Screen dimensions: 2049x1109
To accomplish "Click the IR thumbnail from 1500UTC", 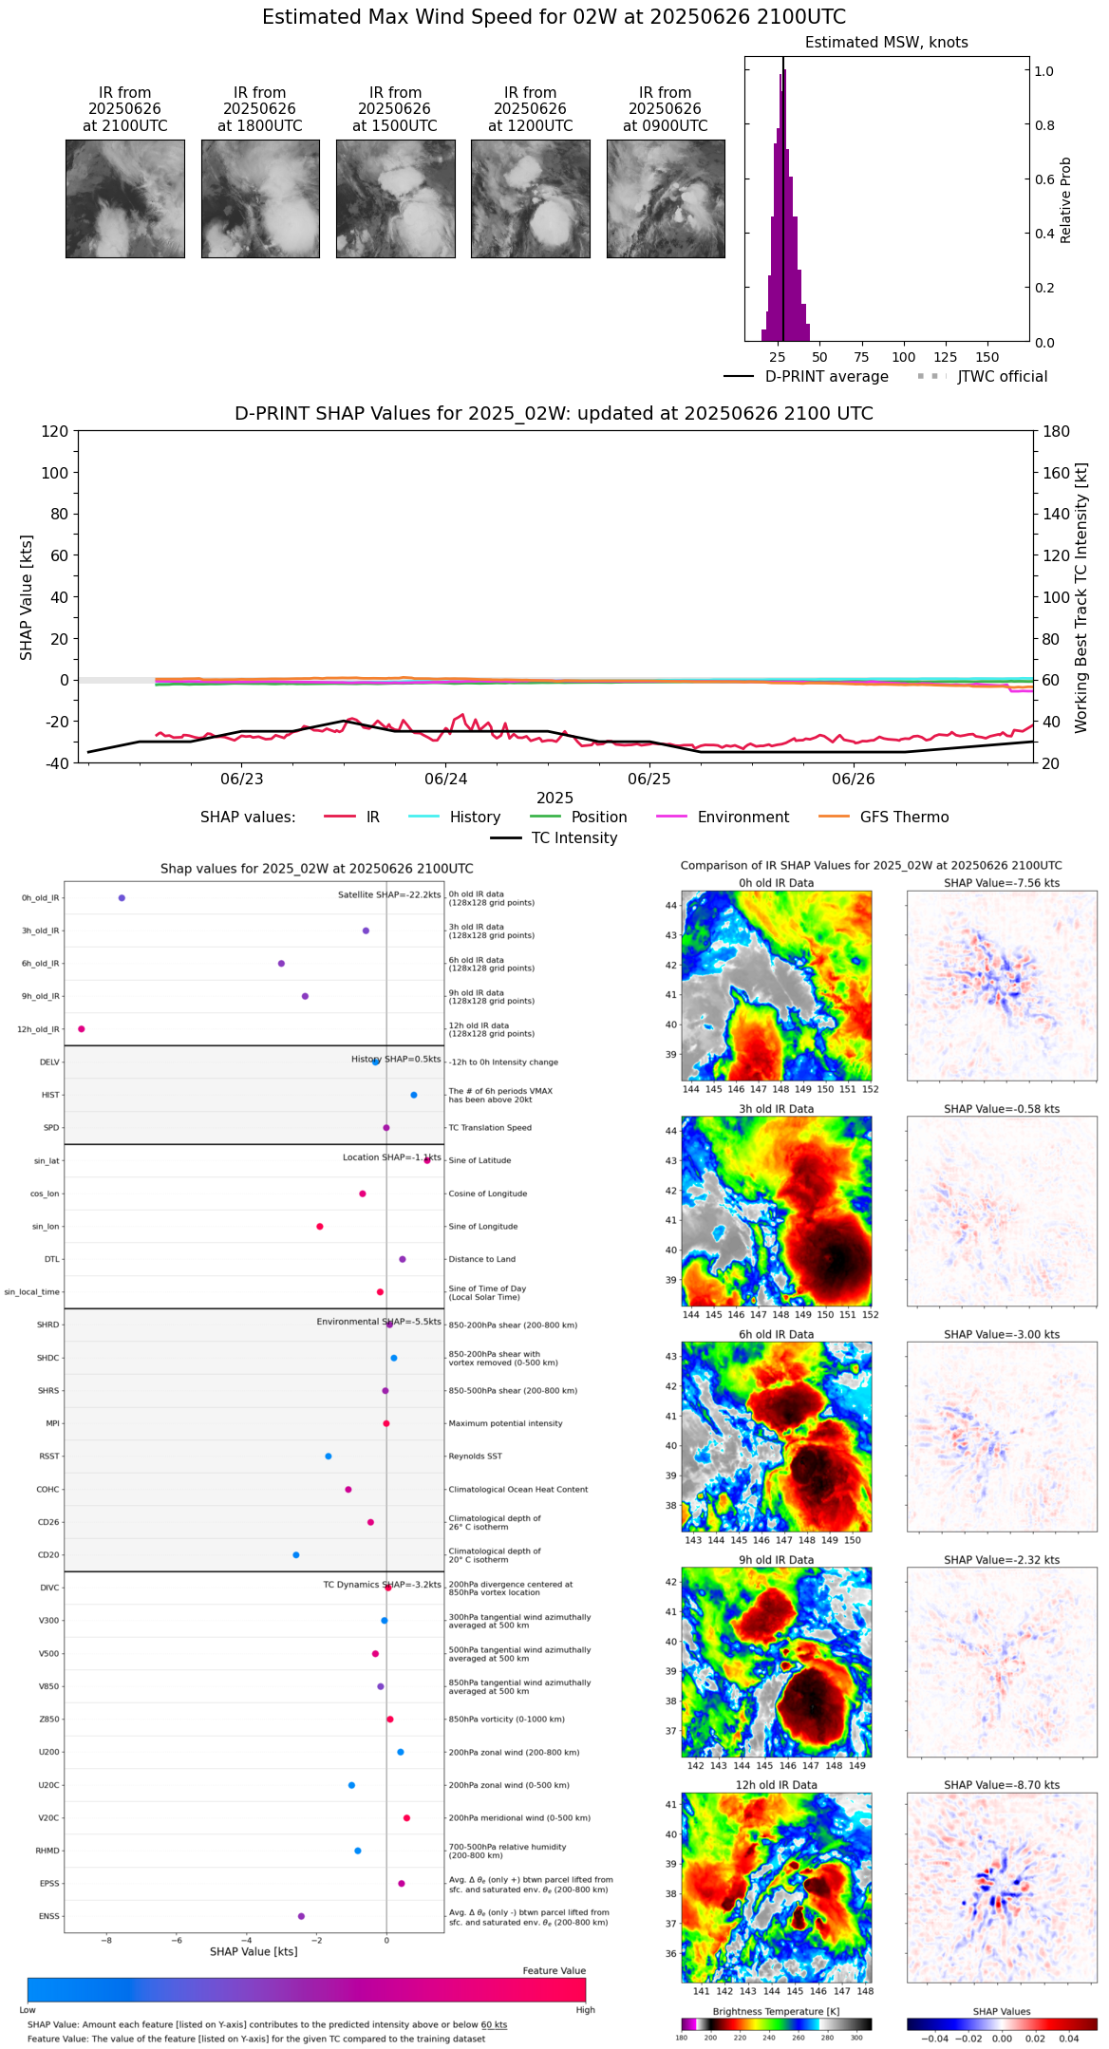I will pyautogui.click(x=395, y=198).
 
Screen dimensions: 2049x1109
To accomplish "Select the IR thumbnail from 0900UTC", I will pyautogui.click(x=666, y=198).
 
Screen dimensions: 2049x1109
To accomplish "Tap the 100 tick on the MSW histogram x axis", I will pyautogui.click(x=903, y=357).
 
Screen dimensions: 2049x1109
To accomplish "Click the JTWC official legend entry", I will pyautogui.click(x=1002, y=377).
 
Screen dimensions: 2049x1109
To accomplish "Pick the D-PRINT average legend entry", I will pyautogui.click(x=826, y=377).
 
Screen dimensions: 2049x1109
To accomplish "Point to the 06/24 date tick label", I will pyautogui.click(x=446, y=780).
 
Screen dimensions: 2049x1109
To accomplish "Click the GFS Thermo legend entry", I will pyautogui.click(x=904, y=818).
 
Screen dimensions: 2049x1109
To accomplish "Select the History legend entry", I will pyautogui.click(x=475, y=818).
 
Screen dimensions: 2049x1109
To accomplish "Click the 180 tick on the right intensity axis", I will pyautogui.click(x=1057, y=431).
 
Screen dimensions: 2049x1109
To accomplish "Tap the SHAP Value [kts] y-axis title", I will pyautogui.click(x=27, y=597).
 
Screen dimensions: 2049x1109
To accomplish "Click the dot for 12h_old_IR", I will pyautogui.click(x=82, y=1028).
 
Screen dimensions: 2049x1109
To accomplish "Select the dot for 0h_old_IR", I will pyautogui.click(x=122, y=897).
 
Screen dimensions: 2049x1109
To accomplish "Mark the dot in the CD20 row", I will pyautogui.click(x=296, y=1554).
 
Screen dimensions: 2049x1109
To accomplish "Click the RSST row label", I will pyautogui.click(x=49, y=1457).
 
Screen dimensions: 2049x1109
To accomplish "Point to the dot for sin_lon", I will pyautogui.click(x=320, y=1226).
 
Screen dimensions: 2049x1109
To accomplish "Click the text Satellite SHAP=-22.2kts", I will pyautogui.click(x=389, y=895).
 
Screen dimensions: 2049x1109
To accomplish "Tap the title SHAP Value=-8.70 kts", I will pyautogui.click(x=1002, y=1785).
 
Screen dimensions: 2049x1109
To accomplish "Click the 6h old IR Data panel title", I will pyautogui.click(x=776, y=1334).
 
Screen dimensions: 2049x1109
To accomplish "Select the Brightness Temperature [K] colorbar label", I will pyautogui.click(x=776, y=2011).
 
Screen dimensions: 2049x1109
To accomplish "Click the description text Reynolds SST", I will pyautogui.click(x=475, y=1457).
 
